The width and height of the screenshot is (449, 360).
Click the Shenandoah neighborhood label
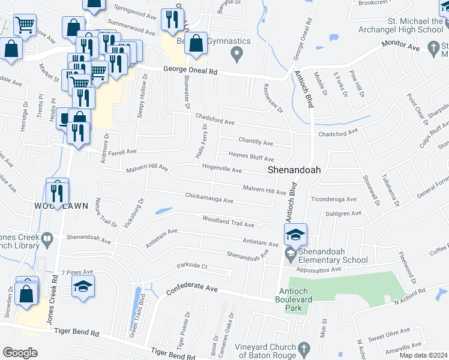[294, 170]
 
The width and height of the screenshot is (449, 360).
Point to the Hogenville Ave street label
[221, 170]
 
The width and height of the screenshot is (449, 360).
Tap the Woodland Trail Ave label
[228, 222]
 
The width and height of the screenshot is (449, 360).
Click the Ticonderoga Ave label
[333, 199]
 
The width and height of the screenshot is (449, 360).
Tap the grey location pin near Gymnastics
[237, 55]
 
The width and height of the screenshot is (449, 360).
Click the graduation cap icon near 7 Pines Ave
[83, 287]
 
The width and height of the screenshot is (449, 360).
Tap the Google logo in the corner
[20, 353]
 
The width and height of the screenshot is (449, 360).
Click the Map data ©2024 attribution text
[423, 355]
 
